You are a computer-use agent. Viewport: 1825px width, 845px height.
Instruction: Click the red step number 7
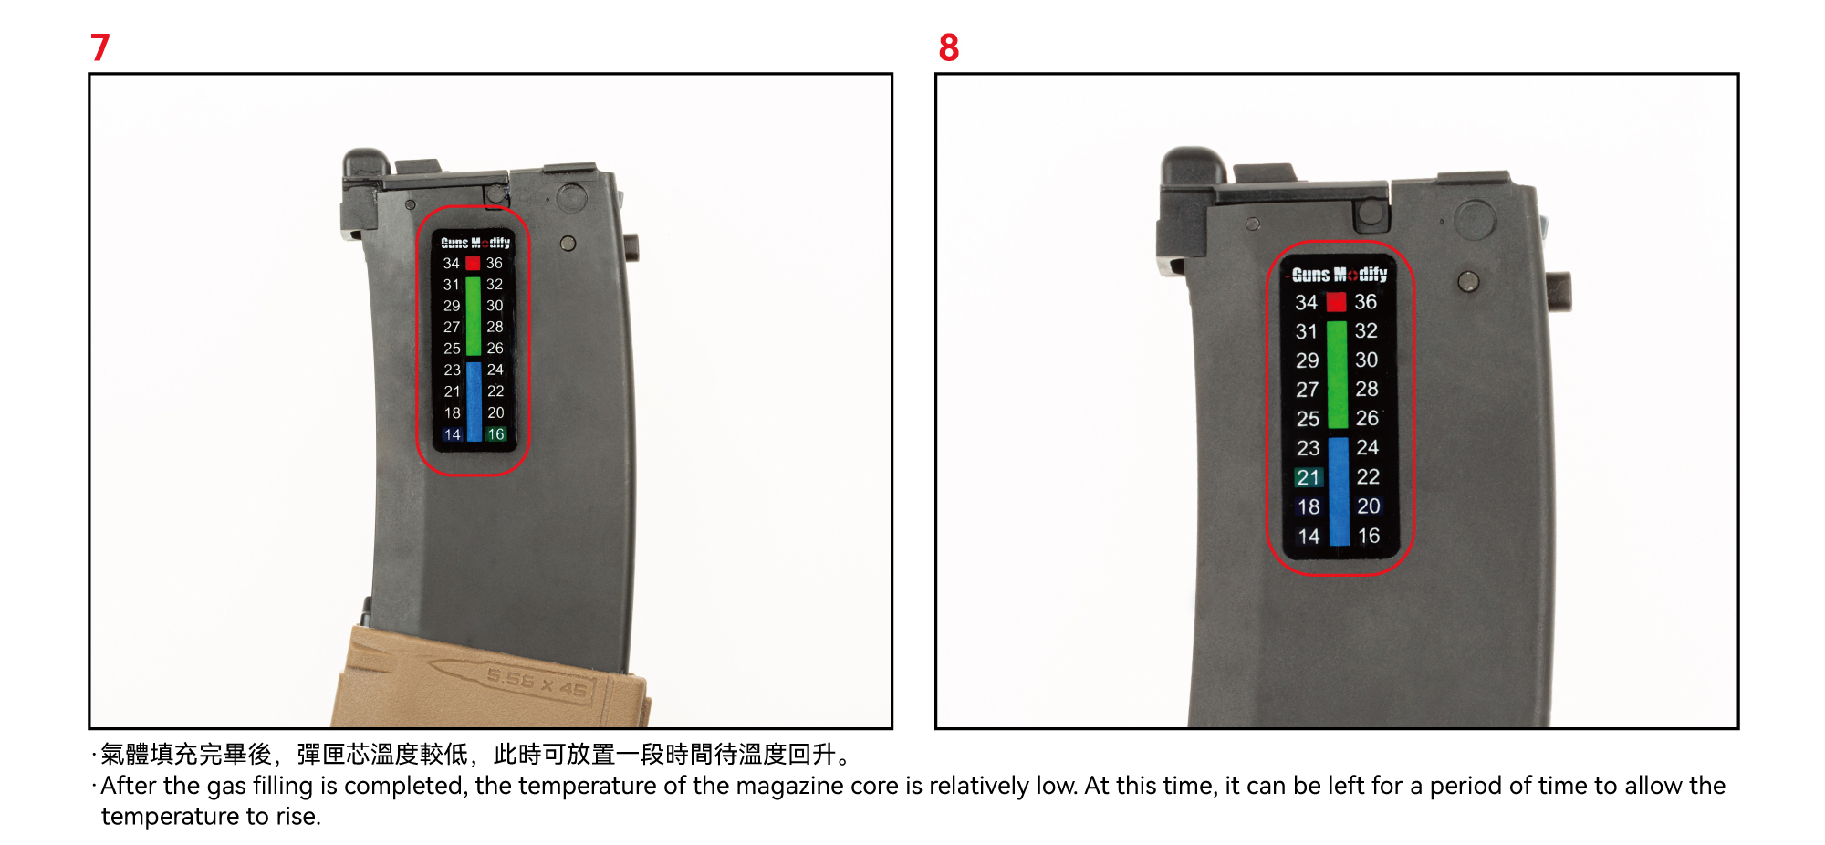tap(100, 47)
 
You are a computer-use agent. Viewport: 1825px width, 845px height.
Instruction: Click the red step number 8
tap(949, 47)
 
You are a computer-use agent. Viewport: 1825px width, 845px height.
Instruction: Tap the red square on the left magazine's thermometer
tap(473, 263)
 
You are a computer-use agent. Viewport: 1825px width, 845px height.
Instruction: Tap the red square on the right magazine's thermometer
tap(1336, 302)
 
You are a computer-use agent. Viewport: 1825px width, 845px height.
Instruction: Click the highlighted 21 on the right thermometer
tap(1309, 477)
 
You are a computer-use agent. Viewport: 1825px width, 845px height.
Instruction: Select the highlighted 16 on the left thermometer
tap(495, 434)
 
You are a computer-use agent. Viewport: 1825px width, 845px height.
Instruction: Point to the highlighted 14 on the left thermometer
tap(453, 434)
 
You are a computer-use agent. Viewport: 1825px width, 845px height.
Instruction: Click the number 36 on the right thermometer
tap(1366, 301)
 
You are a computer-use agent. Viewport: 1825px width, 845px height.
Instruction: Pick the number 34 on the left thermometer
tap(452, 263)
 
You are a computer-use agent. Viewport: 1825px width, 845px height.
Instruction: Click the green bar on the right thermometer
tap(1337, 374)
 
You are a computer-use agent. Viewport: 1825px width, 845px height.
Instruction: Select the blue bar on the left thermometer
tap(474, 402)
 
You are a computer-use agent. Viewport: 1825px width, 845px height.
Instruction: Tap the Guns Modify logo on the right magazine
tap(1340, 274)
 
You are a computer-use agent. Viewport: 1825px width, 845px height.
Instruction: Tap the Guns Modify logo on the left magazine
tap(475, 243)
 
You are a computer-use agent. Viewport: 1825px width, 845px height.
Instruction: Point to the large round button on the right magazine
tap(1475, 220)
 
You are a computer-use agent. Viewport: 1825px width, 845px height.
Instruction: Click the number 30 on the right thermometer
tap(1367, 360)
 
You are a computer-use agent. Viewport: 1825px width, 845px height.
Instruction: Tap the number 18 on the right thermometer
tap(1309, 506)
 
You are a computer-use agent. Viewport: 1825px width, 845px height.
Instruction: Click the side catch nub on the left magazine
tap(631, 246)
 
